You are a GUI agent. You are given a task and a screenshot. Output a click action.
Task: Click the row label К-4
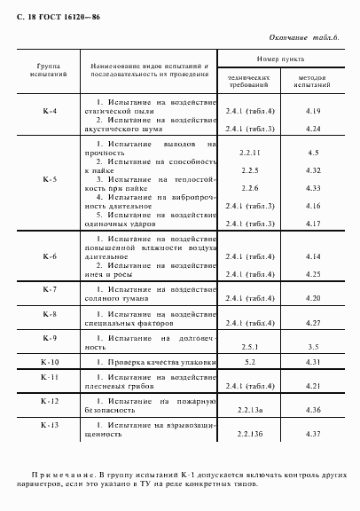50,111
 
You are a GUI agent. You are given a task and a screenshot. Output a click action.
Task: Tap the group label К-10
50,363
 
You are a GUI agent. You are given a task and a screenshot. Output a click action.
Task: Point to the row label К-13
50,425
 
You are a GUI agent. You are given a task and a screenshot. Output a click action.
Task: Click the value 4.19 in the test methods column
312,111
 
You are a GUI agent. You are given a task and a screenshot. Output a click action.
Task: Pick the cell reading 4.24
312,129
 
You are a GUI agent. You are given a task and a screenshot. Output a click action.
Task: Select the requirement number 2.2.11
249,153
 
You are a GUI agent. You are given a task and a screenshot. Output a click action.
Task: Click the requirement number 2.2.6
249,189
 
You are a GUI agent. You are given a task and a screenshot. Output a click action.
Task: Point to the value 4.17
312,222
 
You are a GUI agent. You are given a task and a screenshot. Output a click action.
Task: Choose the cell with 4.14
312,256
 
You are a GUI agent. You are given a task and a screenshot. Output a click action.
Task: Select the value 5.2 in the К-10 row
249,363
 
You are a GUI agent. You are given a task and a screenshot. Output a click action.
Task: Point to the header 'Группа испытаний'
50,71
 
